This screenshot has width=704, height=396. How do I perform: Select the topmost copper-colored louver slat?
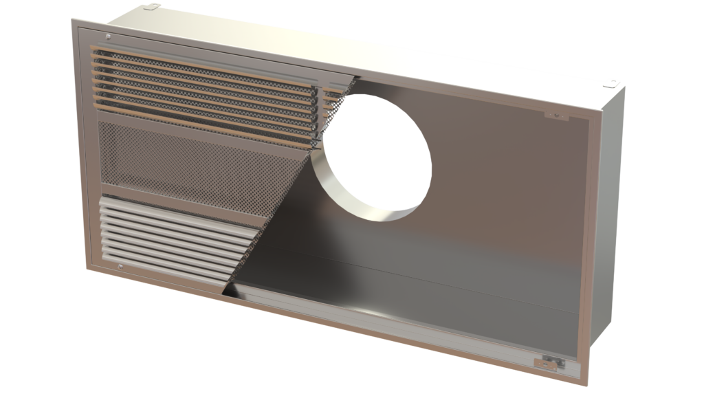(x=206, y=55)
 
